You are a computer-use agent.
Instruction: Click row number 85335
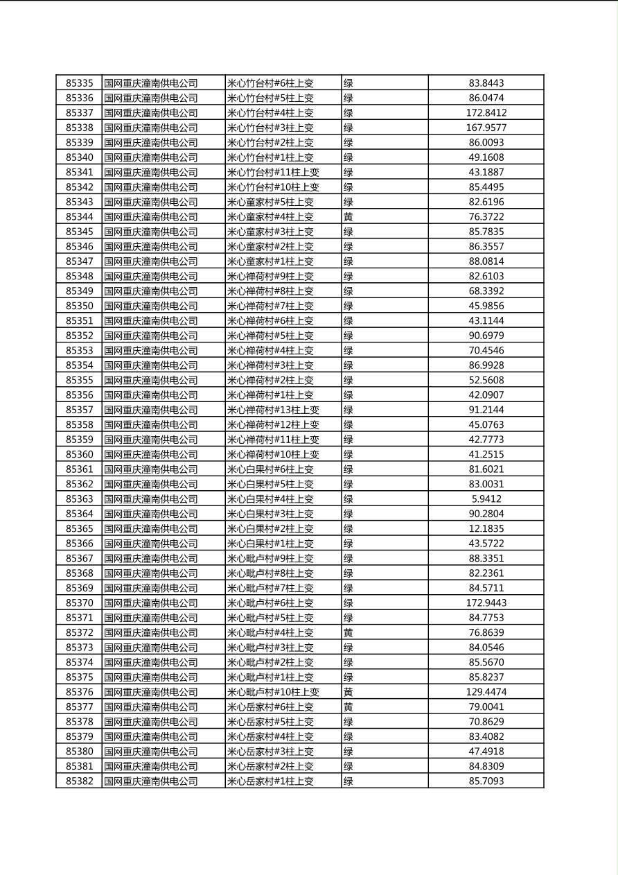(79, 83)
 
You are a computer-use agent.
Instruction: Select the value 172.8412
(486, 113)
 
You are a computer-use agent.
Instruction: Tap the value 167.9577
(486, 128)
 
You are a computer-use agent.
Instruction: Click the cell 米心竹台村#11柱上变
(273, 172)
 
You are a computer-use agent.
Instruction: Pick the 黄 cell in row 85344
(348, 217)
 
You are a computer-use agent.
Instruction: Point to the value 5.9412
(486, 499)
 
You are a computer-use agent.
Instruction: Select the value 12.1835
(486, 529)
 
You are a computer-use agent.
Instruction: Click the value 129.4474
(486, 692)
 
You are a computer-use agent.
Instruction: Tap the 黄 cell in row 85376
(348, 692)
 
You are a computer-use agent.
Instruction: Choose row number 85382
(79, 781)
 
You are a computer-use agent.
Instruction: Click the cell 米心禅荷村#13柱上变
(273, 410)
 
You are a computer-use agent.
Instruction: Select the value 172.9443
(486, 603)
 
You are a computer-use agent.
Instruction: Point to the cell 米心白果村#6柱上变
(270, 469)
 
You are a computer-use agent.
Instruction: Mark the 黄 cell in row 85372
(348, 633)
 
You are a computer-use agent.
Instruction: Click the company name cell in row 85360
(151, 455)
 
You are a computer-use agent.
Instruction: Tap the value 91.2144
(486, 410)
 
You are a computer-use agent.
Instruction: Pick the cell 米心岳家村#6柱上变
(270, 707)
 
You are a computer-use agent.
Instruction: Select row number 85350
(79, 306)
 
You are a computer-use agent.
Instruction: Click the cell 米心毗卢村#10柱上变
(273, 692)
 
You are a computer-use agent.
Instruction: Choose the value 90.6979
(486, 336)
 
